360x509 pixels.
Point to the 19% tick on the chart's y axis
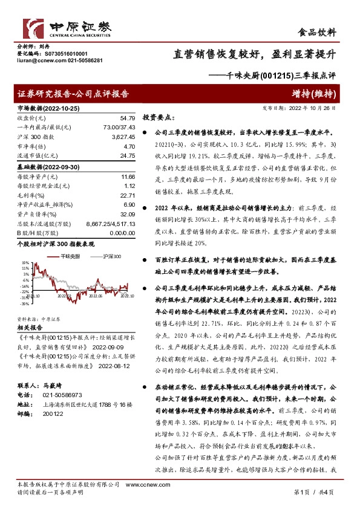tap(25, 263)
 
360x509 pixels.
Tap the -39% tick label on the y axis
tap(25, 304)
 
